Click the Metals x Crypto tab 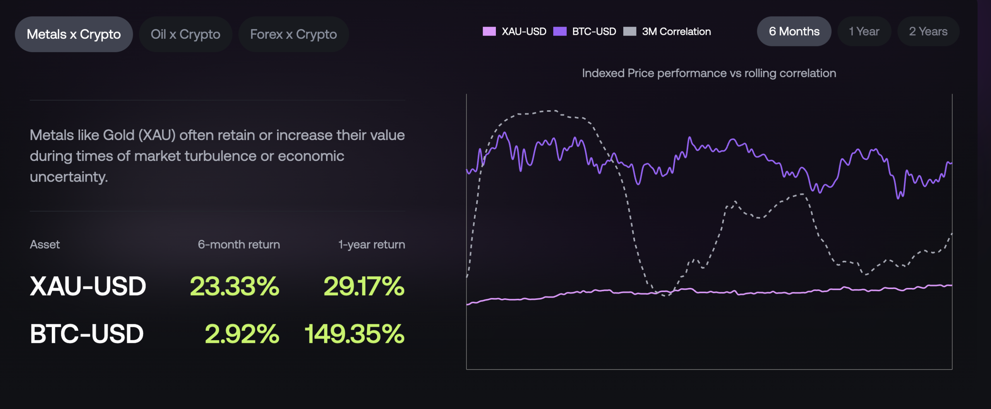pos(74,34)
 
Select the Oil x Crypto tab pos(185,34)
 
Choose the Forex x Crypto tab pos(293,34)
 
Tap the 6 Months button pos(794,31)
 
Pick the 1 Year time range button pos(864,31)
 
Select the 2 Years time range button pos(928,31)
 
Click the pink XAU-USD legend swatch pos(489,31)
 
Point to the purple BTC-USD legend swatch pos(560,31)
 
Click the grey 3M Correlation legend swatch pos(629,31)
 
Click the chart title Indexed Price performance pos(709,73)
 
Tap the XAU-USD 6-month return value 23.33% pos(234,286)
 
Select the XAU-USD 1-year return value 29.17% pos(364,286)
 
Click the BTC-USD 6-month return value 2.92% pos(242,334)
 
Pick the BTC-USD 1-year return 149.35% pos(354,334)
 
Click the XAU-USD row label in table pos(88,286)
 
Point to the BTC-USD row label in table pos(87,334)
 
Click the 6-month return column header pos(239,245)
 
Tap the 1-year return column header pos(372,245)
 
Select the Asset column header pos(45,245)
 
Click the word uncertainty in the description pos(69,177)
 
